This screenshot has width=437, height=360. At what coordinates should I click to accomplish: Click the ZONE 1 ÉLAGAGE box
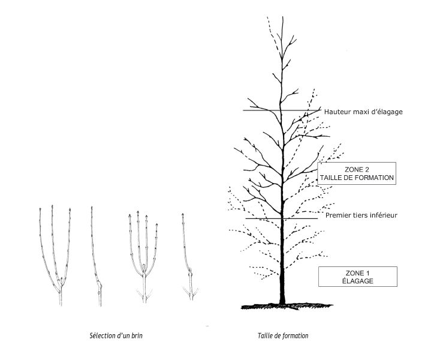coord(357,277)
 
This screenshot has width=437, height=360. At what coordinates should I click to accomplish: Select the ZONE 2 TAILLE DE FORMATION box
coord(357,173)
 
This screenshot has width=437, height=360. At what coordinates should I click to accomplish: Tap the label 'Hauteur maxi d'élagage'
coord(363,112)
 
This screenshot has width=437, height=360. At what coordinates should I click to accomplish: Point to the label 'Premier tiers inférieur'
coord(361,215)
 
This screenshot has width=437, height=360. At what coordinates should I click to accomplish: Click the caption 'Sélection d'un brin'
coord(116,335)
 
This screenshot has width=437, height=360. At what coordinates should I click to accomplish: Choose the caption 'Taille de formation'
coord(283,335)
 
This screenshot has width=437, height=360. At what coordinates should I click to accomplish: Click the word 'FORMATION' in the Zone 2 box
coord(375,178)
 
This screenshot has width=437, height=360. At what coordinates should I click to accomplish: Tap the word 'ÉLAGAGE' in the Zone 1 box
coord(357,281)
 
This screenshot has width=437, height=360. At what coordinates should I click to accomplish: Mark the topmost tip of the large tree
coord(282,16)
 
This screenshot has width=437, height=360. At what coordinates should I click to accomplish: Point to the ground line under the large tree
coord(287,307)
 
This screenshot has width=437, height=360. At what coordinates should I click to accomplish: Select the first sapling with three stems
coord(55,255)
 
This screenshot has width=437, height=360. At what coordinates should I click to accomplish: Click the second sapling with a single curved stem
coord(96,257)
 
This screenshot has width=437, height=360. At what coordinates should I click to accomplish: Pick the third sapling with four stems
coord(144,257)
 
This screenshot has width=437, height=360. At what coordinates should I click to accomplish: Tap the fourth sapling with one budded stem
coord(189,257)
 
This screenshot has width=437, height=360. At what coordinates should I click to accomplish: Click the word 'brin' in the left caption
coord(137,335)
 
